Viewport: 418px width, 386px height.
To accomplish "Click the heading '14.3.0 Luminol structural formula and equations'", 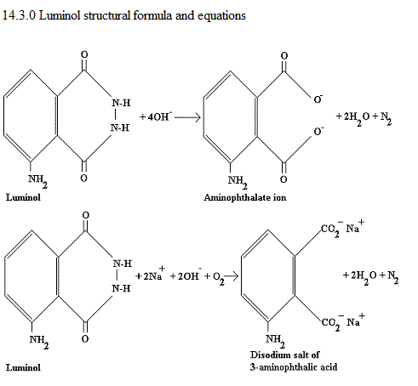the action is coord(124,15).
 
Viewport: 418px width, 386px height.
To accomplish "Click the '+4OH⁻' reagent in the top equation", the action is coord(156,116).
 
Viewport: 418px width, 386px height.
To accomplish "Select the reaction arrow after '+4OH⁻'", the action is coord(187,117).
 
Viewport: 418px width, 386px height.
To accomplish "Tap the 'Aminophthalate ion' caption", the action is coord(245,197).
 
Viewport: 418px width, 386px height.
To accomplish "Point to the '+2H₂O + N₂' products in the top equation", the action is coord(364,117).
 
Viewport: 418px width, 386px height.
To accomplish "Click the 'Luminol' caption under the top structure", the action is coord(23,197).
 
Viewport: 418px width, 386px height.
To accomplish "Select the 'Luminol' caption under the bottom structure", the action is coord(23,367).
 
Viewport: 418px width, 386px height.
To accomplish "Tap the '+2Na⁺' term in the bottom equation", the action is coord(150,274).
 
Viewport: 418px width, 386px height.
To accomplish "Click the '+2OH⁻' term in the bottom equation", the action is coord(186,275).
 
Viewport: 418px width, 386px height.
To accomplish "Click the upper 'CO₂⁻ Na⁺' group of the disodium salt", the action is coord(343,229).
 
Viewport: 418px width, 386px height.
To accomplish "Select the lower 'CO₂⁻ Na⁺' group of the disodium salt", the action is coord(343,322).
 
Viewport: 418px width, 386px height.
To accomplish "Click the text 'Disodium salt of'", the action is coord(284,355).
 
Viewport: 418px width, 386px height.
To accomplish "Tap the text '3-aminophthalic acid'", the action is coord(294,367).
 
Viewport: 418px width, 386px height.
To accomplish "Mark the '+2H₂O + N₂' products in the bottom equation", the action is coord(370,276).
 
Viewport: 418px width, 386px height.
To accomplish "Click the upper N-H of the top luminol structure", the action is coord(121,103).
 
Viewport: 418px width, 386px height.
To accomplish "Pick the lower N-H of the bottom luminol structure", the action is coord(121,288).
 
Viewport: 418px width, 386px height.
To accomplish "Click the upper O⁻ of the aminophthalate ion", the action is coord(318,99).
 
